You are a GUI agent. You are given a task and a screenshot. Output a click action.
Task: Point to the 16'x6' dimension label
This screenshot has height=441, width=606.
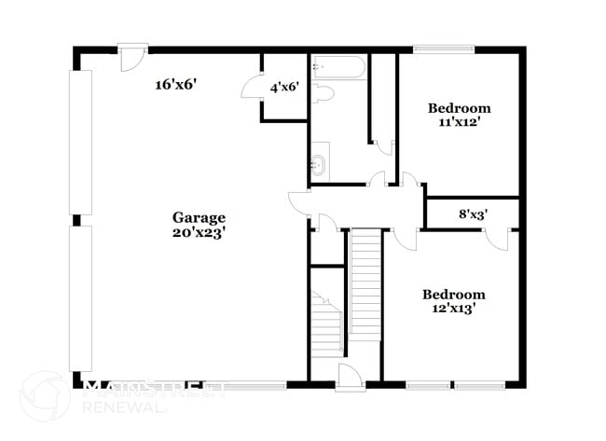[x=175, y=85]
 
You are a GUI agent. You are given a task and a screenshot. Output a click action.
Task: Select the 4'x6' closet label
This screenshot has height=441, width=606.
[x=284, y=88]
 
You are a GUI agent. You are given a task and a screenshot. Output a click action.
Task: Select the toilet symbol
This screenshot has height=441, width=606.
[x=323, y=91]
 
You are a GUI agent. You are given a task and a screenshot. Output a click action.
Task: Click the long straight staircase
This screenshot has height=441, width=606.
[x=365, y=284]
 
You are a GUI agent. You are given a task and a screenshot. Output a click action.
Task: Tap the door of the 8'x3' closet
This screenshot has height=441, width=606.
[x=496, y=237]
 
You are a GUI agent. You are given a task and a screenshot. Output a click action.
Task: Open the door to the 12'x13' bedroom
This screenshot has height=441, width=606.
[x=403, y=239]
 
